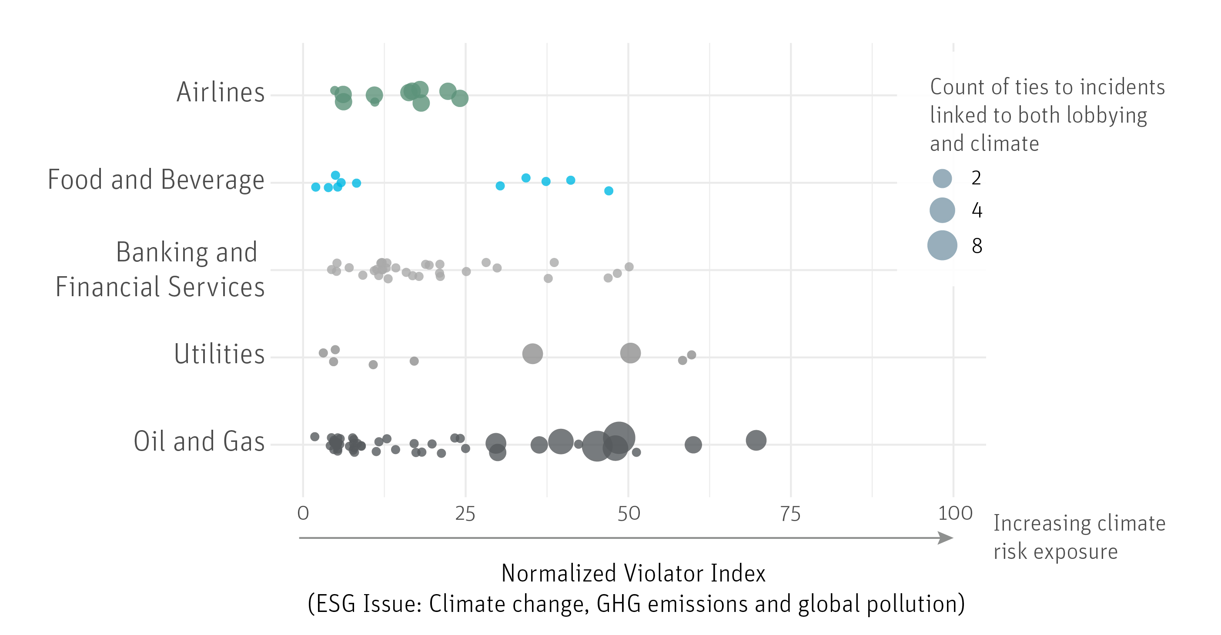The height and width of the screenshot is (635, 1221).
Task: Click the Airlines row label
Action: (221, 92)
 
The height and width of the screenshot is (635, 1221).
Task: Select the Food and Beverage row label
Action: (156, 180)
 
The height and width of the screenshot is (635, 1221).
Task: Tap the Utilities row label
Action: (219, 354)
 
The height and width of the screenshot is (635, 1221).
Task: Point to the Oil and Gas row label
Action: (199, 441)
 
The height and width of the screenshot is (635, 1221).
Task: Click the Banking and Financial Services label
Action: (160, 269)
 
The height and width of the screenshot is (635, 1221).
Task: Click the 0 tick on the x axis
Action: (303, 513)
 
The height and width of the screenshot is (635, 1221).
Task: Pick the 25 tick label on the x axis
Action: (465, 514)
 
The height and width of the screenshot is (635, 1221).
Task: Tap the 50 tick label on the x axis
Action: (629, 514)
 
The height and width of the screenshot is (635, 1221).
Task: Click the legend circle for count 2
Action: (942, 178)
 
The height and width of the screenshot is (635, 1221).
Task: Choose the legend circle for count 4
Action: (942, 211)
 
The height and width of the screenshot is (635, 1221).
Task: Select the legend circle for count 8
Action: (942, 245)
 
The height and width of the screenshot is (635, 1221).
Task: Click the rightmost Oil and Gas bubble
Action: (756, 440)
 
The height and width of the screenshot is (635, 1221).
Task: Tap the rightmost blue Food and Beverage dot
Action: (609, 191)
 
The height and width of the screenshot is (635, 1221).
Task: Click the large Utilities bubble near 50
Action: (630, 353)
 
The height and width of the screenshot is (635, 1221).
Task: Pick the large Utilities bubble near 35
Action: (532, 354)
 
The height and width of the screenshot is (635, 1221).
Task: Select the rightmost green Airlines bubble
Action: (460, 99)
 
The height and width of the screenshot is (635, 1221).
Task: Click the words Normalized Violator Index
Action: (633, 573)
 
